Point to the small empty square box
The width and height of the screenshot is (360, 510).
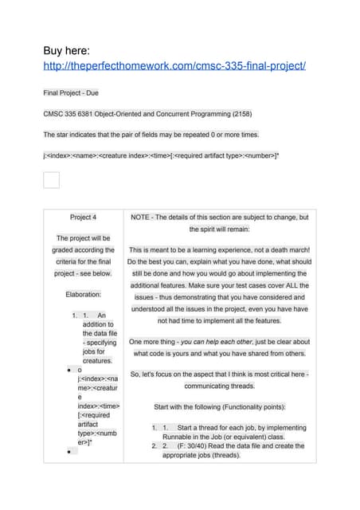point(51,179)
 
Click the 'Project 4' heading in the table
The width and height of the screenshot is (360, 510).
point(83,217)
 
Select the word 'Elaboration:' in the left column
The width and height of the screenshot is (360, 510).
point(83,294)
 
